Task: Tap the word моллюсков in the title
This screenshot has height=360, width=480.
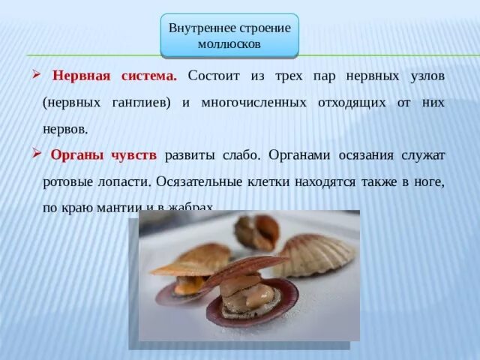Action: pos(229,44)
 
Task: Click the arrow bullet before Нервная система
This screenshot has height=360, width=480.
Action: pos(37,76)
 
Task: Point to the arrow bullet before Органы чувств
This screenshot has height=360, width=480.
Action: pos(37,154)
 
